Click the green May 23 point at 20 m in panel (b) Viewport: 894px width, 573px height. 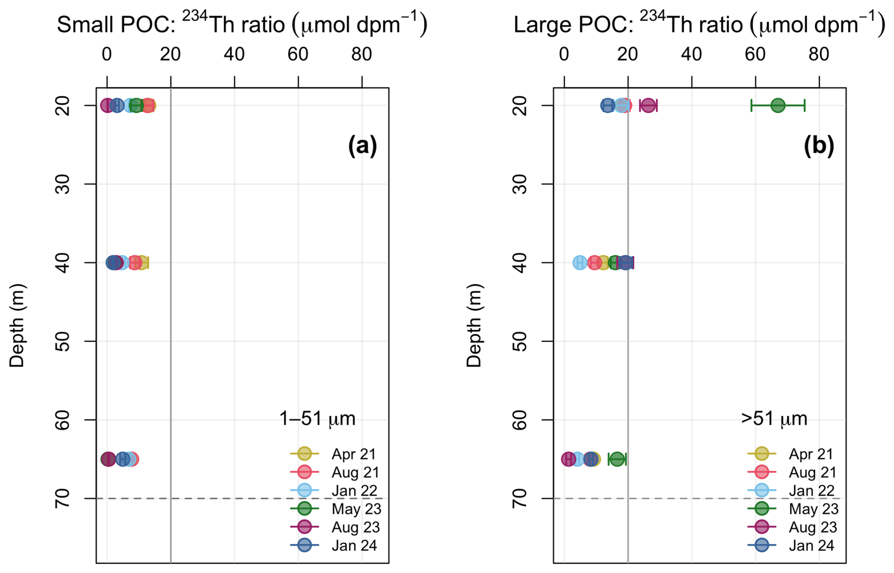tap(778, 105)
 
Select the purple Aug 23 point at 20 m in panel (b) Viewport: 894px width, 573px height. tap(648, 105)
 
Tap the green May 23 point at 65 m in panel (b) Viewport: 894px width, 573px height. tap(617, 459)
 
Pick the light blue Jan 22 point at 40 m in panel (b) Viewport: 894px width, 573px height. tap(580, 263)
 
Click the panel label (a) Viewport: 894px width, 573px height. tap(362, 145)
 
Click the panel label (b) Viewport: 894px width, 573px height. tap(819, 145)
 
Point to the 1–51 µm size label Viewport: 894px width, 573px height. tap(317, 419)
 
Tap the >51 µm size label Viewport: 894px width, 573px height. tap(774, 419)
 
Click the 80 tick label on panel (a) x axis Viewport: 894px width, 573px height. tap(361, 55)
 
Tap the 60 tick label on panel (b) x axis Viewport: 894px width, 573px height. tap(755, 55)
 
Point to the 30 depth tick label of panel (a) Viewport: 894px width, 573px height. tap(62, 184)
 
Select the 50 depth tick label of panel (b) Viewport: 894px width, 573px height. tap(519, 341)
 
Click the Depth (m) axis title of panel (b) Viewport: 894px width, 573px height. tap(474, 325)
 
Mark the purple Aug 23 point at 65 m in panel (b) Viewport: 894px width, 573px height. tap(568, 459)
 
